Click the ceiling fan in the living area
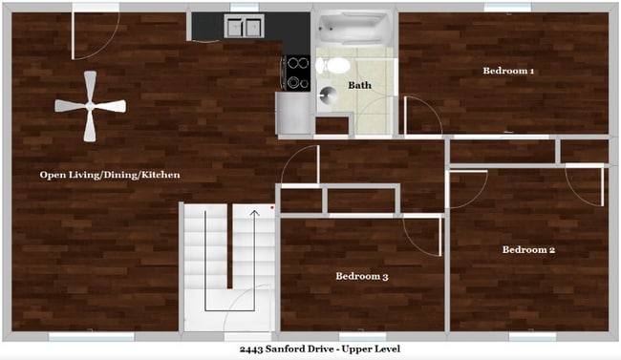(x=90, y=107)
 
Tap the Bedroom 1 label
(x=508, y=71)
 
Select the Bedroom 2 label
(x=528, y=250)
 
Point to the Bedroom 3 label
(x=361, y=277)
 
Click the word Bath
(x=359, y=86)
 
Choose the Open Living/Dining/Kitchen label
(x=110, y=175)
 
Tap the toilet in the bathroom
(x=333, y=66)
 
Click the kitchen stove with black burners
(x=296, y=71)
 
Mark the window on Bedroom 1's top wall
(x=507, y=9)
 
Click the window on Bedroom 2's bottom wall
(x=532, y=336)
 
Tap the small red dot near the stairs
(x=272, y=205)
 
